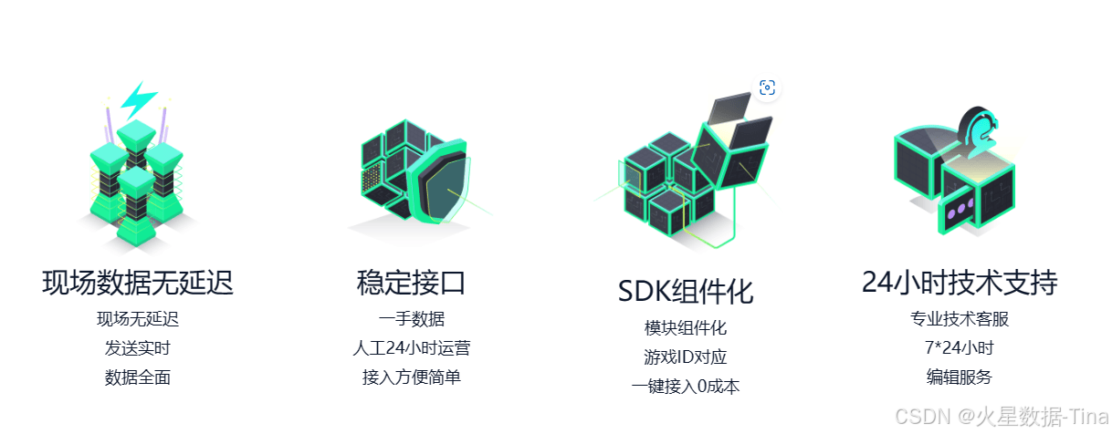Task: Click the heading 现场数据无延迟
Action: (x=138, y=283)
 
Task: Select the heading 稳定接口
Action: (x=411, y=283)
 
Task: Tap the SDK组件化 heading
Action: (x=685, y=292)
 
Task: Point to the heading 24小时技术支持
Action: (x=960, y=283)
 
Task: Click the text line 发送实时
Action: (x=138, y=348)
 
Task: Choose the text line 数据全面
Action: (x=138, y=377)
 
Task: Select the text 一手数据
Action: (x=411, y=319)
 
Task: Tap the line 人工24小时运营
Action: (x=411, y=348)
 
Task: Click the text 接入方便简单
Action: (x=411, y=377)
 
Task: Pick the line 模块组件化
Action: (x=685, y=328)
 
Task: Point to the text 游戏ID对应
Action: (x=685, y=357)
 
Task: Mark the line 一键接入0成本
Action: (x=685, y=387)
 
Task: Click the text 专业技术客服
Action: (x=960, y=319)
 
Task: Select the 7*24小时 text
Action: (x=960, y=348)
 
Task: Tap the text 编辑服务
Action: (x=960, y=377)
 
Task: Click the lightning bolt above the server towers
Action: (x=138, y=98)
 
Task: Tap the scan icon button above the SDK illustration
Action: (x=767, y=88)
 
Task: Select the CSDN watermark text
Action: (x=1000, y=416)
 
